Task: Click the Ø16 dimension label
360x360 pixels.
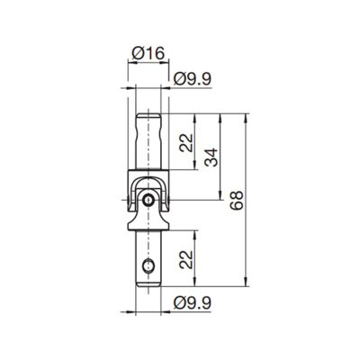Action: (x=148, y=54)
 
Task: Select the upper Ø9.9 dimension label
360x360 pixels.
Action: (x=193, y=79)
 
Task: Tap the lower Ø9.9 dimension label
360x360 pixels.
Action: (x=193, y=303)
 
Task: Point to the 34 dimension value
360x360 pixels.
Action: (x=211, y=157)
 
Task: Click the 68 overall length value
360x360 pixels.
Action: (x=237, y=201)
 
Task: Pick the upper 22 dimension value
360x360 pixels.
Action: (x=186, y=142)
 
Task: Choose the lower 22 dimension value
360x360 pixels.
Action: (x=186, y=259)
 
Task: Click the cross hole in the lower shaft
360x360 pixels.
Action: (x=148, y=265)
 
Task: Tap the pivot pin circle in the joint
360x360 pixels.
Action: (x=148, y=200)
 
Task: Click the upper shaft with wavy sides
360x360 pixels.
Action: (x=148, y=141)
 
